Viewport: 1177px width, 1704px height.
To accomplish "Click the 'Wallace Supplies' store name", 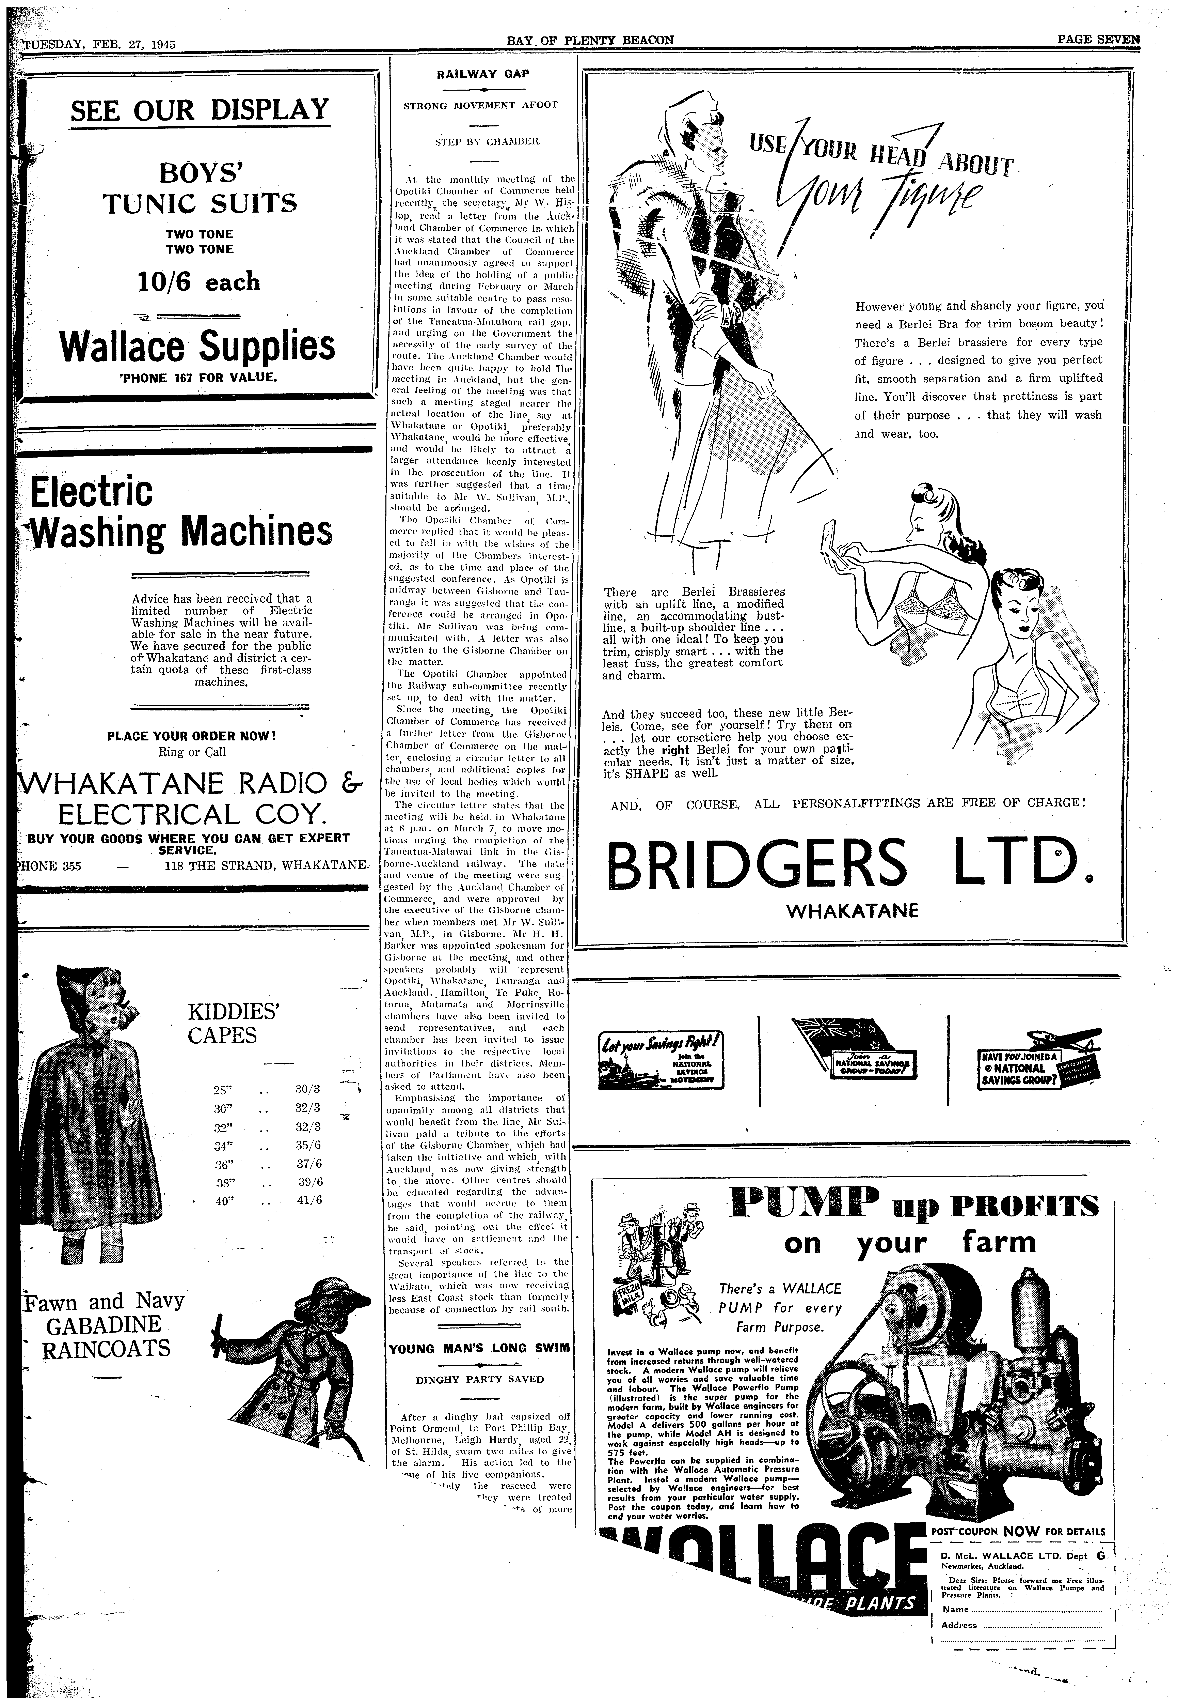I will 198,346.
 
